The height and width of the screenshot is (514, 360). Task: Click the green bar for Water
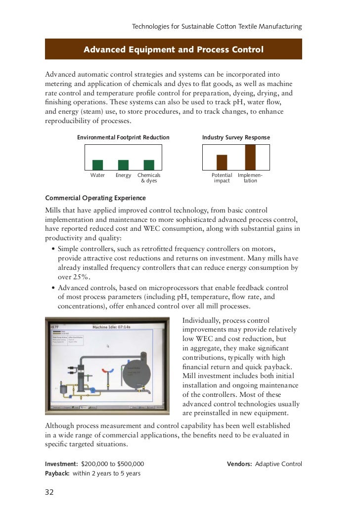[x=98, y=165]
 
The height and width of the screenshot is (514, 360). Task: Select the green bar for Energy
[x=123, y=165]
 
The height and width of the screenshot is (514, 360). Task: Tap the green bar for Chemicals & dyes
[x=149, y=165]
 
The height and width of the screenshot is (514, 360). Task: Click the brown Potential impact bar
[x=222, y=163]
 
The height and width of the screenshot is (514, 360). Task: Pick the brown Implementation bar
[x=250, y=158]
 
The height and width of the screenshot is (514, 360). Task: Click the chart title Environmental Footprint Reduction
[x=123, y=137]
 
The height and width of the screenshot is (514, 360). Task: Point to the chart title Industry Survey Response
[x=236, y=137]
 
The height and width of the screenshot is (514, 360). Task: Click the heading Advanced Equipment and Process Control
[x=173, y=50]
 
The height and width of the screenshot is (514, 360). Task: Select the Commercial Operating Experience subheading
[x=89, y=198]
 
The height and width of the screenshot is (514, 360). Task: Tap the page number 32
[x=49, y=492]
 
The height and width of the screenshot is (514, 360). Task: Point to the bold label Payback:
[x=58, y=473]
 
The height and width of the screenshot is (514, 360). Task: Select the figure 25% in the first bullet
[x=73, y=277]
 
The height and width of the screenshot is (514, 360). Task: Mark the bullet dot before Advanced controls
[x=53, y=288]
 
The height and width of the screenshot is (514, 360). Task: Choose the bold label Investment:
[x=61, y=464]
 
